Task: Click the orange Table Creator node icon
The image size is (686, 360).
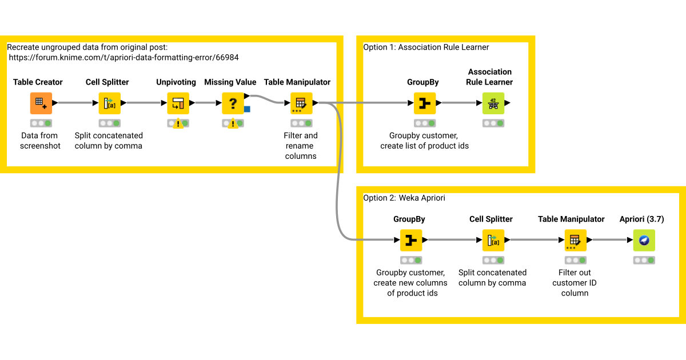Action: point(41,103)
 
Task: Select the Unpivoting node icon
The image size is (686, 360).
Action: point(178,103)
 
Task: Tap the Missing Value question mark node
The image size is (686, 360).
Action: point(233,103)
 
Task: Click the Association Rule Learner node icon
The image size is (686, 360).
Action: point(493,103)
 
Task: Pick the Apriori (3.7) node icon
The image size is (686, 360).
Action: point(644,241)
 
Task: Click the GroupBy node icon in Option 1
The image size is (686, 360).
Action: point(424,103)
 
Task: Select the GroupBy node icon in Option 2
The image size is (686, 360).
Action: point(411,241)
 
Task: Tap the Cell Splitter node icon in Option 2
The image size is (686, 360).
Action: point(493,241)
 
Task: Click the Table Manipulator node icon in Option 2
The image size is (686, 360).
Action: point(576,241)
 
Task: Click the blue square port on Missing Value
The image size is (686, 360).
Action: point(247,109)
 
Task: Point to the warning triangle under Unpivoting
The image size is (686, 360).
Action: point(178,123)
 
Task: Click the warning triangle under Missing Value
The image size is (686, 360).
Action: point(233,123)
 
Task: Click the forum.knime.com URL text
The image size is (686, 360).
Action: point(123,58)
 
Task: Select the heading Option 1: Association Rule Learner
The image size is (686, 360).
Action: point(426,47)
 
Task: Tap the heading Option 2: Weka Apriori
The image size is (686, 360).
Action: point(404,198)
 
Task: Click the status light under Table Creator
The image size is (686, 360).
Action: point(41,123)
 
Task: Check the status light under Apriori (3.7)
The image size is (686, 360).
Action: point(644,261)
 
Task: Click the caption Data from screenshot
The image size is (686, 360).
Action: point(40,141)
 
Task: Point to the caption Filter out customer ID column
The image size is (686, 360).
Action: point(575,282)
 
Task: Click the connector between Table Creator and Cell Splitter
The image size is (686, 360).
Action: point(75,103)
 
